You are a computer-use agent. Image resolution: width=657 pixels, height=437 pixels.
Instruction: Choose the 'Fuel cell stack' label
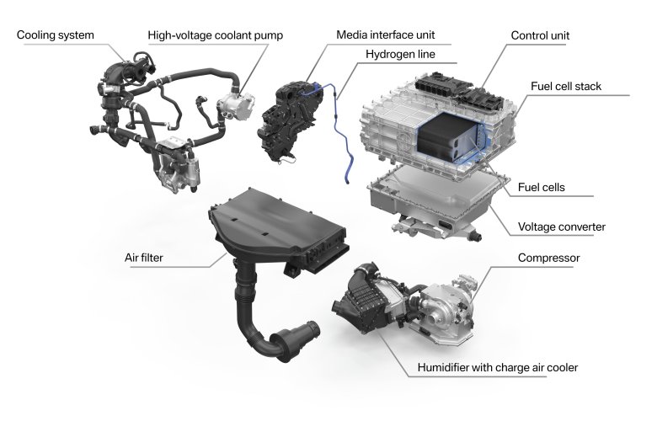click(x=567, y=87)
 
